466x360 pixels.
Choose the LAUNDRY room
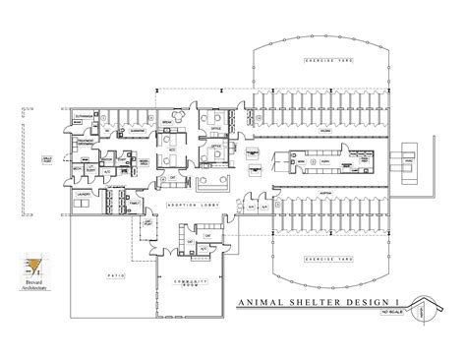(x=83, y=196)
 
